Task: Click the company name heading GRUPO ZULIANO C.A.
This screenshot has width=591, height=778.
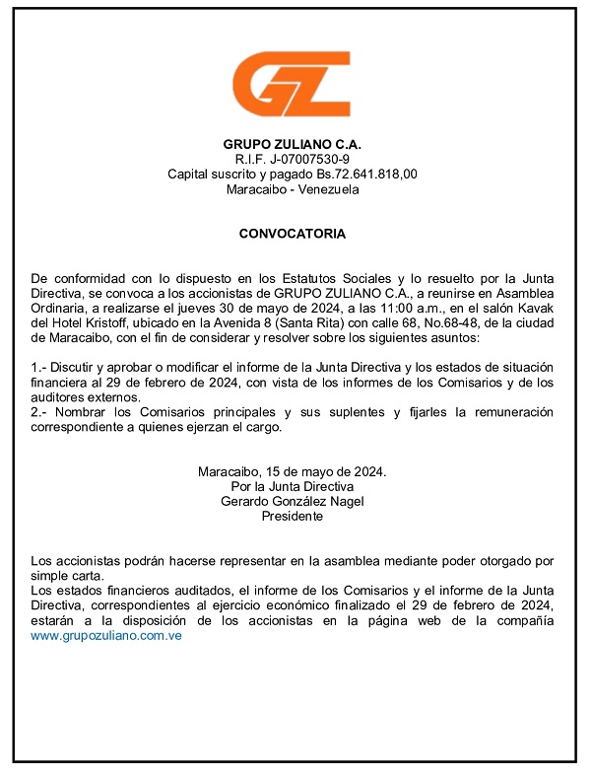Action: click(x=292, y=144)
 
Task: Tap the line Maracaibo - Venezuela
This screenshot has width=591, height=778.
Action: click(x=292, y=189)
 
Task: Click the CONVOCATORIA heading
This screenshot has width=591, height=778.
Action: click(x=292, y=235)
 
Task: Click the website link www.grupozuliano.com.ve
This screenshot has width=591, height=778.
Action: click(x=106, y=636)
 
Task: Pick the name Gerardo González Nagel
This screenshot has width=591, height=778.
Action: click(x=292, y=501)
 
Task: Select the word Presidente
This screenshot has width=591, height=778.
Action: click(x=292, y=516)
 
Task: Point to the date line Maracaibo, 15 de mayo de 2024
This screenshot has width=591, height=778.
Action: click(x=292, y=471)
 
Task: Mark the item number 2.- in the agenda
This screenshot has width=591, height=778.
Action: click(x=38, y=412)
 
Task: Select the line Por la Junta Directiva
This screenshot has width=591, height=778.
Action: click(x=292, y=486)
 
